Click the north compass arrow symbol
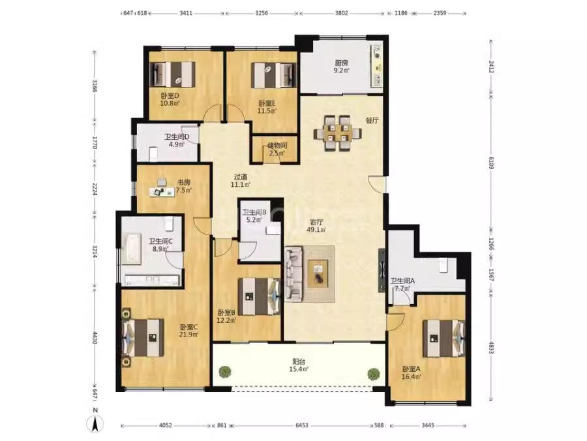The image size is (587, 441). click(95, 424)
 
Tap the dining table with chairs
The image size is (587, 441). click(337, 133)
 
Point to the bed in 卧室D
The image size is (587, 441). click(172, 74)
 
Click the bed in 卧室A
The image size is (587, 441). click(444, 338)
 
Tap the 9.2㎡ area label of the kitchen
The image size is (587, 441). click(342, 70)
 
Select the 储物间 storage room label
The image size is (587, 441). click(277, 146)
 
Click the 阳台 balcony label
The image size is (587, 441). click(299, 362)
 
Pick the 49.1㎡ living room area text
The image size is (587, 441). click(316, 229)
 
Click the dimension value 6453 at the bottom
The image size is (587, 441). click(302, 425)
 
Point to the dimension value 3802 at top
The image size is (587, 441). click(341, 13)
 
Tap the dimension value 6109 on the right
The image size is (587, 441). click(491, 163)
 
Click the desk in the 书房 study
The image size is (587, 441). click(162, 191)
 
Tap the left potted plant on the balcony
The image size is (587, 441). click(224, 372)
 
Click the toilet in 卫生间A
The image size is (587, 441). click(444, 265)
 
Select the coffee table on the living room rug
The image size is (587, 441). click(318, 273)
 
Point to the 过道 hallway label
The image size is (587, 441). click(240, 176)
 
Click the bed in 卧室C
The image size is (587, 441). click(143, 338)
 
